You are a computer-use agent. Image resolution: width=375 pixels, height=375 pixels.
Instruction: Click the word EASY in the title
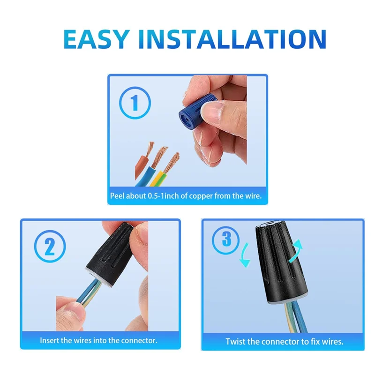pos(97,39)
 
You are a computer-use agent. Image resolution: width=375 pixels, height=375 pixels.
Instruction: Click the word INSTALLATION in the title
pos(232,39)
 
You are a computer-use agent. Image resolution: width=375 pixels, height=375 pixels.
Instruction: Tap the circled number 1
pos(135,103)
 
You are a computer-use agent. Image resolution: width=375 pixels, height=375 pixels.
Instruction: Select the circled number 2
pos(50,247)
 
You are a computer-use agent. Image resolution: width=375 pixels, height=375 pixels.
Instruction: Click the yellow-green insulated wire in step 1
pos(159,178)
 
